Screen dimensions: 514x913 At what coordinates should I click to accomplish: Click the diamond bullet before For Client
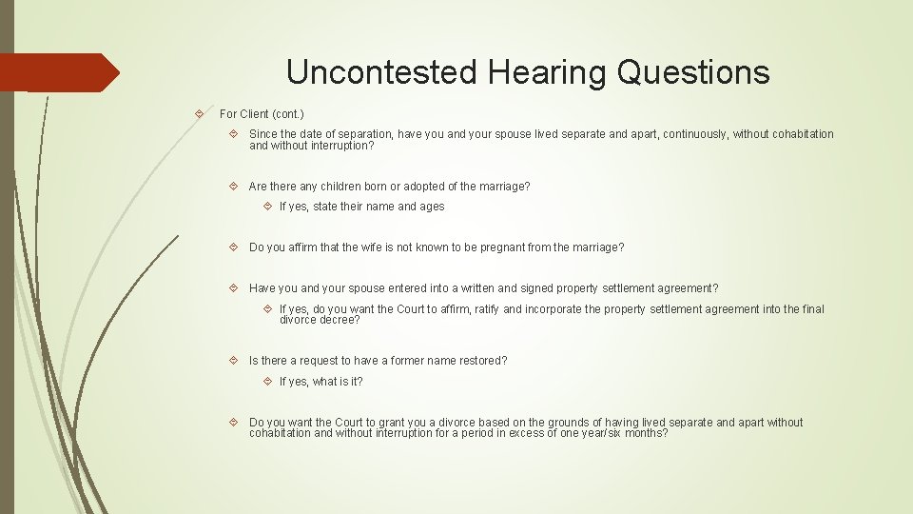[x=199, y=114]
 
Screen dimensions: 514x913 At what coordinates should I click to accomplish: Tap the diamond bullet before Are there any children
[x=234, y=187]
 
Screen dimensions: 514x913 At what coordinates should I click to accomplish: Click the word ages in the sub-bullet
[x=432, y=207]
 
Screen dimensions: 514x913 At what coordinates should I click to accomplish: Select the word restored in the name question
[x=483, y=361]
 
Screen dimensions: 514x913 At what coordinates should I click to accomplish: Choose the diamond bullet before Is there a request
[x=234, y=361]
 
